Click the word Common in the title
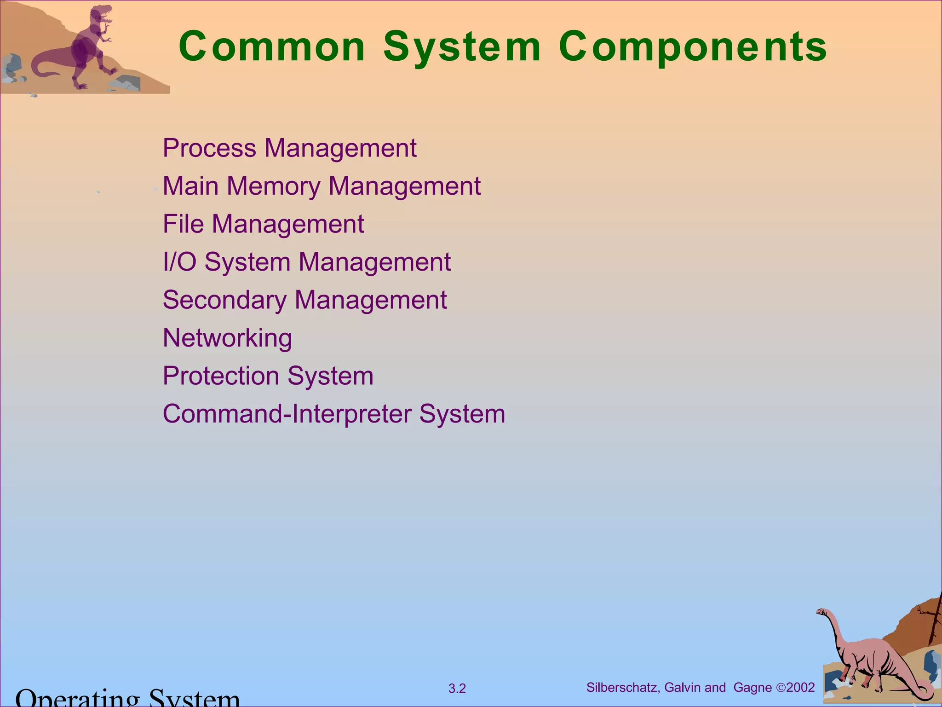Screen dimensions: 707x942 click(271, 46)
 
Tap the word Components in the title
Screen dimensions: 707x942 click(693, 46)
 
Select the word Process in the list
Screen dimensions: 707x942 click(209, 148)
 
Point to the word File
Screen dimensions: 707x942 click(183, 224)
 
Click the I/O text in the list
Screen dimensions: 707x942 click(179, 262)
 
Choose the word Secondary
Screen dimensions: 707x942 click(224, 300)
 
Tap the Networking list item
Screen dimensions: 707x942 click(227, 338)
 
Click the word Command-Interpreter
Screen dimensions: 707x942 click(287, 413)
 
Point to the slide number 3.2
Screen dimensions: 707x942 click(457, 689)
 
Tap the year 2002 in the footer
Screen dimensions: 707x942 click(800, 688)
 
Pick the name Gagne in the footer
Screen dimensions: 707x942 click(752, 688)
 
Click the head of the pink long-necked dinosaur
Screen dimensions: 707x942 click(821, 612)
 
